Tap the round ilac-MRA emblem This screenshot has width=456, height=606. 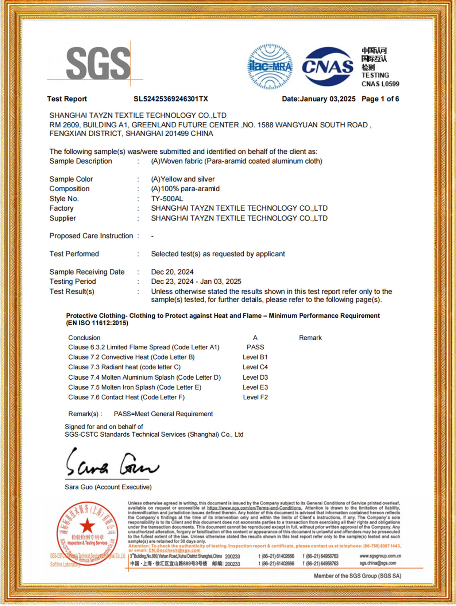point(270,66)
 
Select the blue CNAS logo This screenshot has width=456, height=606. point(328,66)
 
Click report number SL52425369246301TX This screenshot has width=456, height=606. point(171,99)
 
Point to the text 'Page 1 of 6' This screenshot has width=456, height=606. point(380,99)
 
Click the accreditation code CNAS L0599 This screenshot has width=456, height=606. point(380,84)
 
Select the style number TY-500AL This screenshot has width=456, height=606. point(167,199)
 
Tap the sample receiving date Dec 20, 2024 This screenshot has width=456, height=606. point(172,272)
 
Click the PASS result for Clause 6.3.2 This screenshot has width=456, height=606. point(255,347)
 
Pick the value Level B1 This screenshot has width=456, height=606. point(255,357)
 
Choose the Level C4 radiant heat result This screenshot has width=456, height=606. point(255,367)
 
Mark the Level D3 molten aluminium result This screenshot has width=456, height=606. point(255,377)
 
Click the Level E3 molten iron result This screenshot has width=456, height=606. point(255,387)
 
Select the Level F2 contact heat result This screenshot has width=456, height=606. point(255,397)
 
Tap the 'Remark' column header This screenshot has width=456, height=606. point(310,338)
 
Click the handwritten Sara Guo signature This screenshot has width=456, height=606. point(111,463)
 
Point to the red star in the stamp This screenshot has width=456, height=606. point(87,526)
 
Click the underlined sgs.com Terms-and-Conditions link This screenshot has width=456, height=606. point(254,508)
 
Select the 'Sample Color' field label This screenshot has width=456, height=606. point(71,179)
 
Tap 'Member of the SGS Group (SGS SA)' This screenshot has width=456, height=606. point(358,576)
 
